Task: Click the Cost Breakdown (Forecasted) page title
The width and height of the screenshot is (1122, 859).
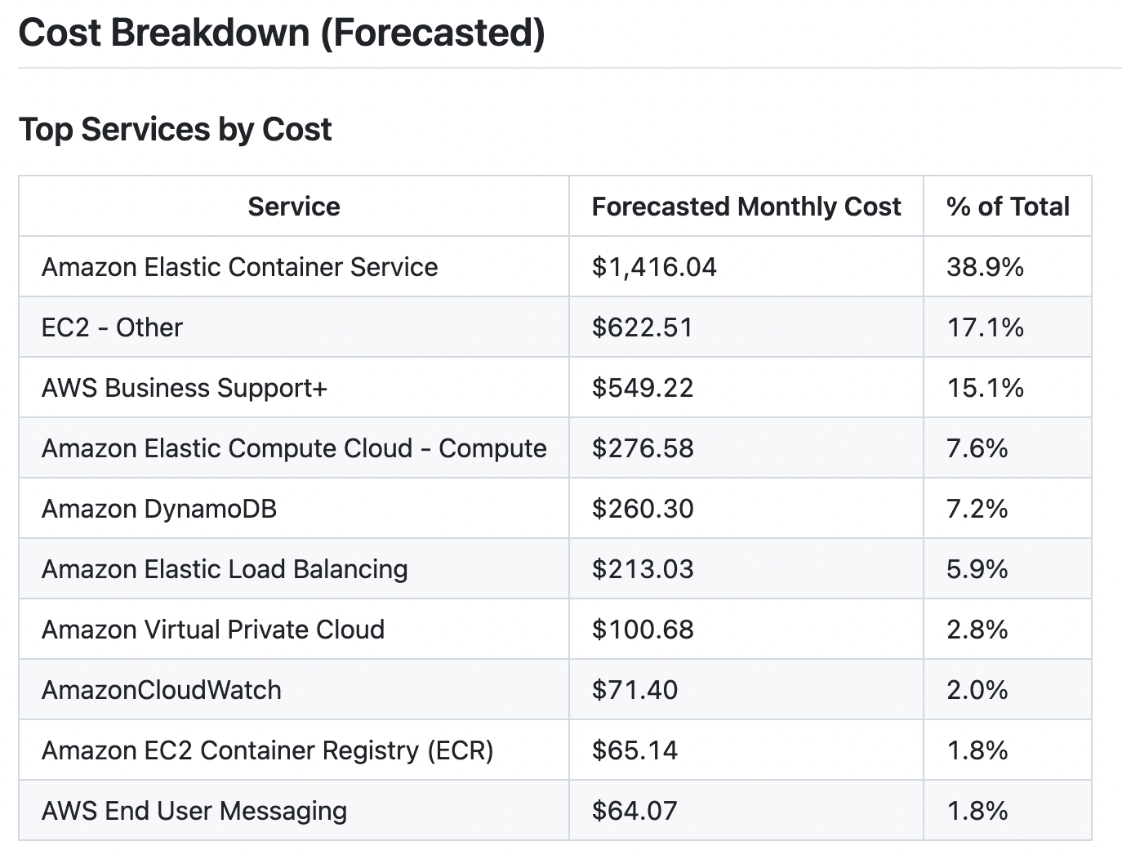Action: tap(281, 33)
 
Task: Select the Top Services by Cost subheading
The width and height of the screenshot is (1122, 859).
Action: tap(175, 130)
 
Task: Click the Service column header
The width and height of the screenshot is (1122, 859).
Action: tap(294, 207)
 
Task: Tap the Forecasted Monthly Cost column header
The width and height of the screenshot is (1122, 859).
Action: tap(746, 207)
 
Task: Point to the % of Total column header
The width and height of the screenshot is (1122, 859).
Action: tap(1007, 207)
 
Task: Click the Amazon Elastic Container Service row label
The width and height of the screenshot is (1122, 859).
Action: tap(239, 267)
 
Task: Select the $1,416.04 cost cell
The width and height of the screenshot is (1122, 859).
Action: tap(653, 267)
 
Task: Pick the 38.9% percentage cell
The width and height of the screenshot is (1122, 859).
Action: tap(985, 267)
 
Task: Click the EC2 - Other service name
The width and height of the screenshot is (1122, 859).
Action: tap(112, 327)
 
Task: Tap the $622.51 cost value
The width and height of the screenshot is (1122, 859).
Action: tap(642, 327)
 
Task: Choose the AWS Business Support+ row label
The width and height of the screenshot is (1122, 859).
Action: tap(184, 388)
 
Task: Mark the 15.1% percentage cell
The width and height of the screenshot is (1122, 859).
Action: tap(985, 388)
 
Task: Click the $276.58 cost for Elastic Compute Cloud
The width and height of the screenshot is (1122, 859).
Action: tap(642, 448)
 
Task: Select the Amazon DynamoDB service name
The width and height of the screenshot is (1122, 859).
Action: tap(159, 509)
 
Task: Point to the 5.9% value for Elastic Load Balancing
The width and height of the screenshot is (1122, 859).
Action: tap(977, 569)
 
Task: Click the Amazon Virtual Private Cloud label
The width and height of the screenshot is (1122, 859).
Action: tap(212, 630)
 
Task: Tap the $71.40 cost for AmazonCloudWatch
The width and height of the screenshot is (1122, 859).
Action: tap(634, 690)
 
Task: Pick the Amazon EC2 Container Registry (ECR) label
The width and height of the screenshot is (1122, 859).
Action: tap(267, 750)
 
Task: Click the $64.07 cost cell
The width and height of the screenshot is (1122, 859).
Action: tap(634, 811)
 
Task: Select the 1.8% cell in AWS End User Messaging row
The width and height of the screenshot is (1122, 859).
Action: tap(977, 811)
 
